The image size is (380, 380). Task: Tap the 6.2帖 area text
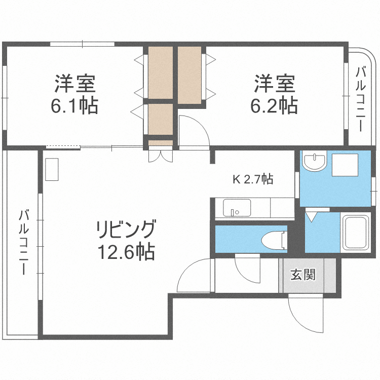coord(274,106)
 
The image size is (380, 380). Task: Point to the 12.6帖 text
coord(126,251)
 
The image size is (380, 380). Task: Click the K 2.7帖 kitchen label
coord(253,179)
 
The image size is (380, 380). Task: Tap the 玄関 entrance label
coord(303,275)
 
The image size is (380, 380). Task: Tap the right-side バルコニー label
coord(361,98)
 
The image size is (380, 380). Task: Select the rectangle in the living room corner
coord(53,169)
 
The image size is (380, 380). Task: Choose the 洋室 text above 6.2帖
coord(274,83)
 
